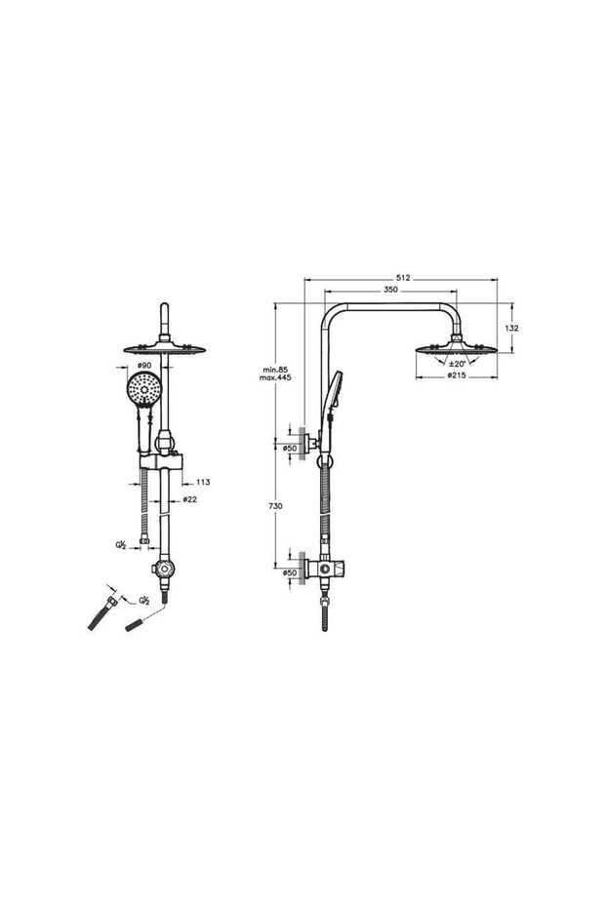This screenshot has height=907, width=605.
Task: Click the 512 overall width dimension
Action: [404, 278]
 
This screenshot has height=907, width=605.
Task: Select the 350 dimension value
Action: [390, 290]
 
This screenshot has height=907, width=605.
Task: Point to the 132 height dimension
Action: [511, 328]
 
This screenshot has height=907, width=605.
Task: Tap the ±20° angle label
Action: [458, 364]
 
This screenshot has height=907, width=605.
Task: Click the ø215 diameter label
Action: [457, 375]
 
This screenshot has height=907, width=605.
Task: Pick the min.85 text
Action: [275, 369]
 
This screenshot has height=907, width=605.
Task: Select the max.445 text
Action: [275, 377]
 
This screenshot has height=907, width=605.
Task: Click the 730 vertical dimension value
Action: [276, 506]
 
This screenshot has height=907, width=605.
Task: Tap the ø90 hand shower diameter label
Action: [144, 365]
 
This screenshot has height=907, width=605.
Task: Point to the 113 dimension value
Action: [203, 482]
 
